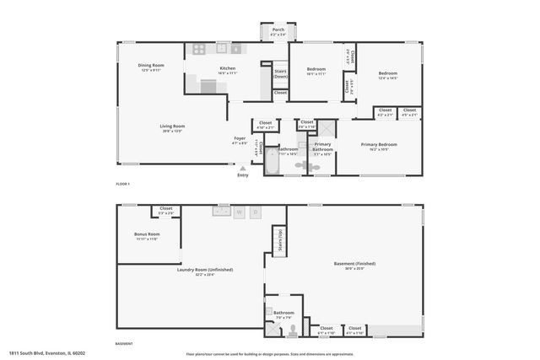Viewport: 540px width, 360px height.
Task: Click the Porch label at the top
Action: tap(278, 32)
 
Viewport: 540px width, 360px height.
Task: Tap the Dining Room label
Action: tap(151, 68)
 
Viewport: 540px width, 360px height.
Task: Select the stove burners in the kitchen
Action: tap(200, 49)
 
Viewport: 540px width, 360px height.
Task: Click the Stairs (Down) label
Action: tap(280, 74)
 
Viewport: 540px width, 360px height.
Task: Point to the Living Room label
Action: tap(172, 129)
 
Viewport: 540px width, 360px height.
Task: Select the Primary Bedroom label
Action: tap(379, 146)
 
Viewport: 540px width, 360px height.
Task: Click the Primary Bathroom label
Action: tap(322, 146)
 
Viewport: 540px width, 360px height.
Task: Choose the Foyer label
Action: tap(240, 140)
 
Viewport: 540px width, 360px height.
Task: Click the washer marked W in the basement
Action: tap(239, 212)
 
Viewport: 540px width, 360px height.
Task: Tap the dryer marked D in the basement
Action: tap(256, 212)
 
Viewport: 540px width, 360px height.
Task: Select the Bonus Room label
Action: tap(146, 236)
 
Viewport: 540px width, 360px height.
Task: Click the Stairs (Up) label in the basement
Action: tap(275, 240)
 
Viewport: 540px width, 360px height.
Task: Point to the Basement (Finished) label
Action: tap(354, 266)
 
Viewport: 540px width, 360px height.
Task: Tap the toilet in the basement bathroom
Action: tap(292, 329)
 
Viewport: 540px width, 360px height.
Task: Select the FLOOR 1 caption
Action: tap(124, 183)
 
